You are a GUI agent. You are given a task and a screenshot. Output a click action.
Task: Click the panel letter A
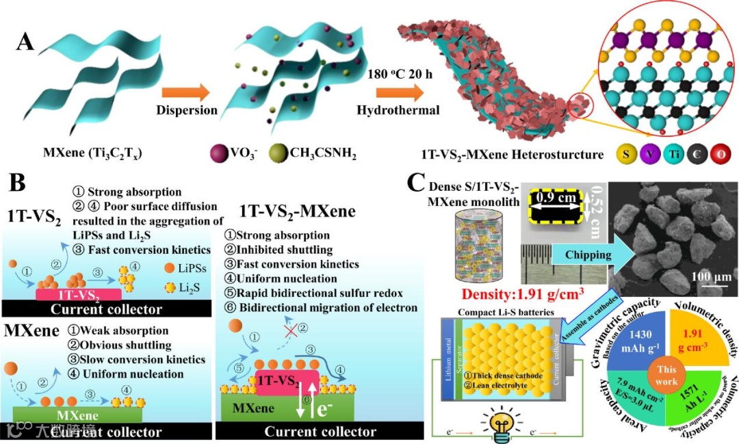(x=25, y=42)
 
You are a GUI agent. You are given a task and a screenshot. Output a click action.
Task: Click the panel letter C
(x=418, y=183)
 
